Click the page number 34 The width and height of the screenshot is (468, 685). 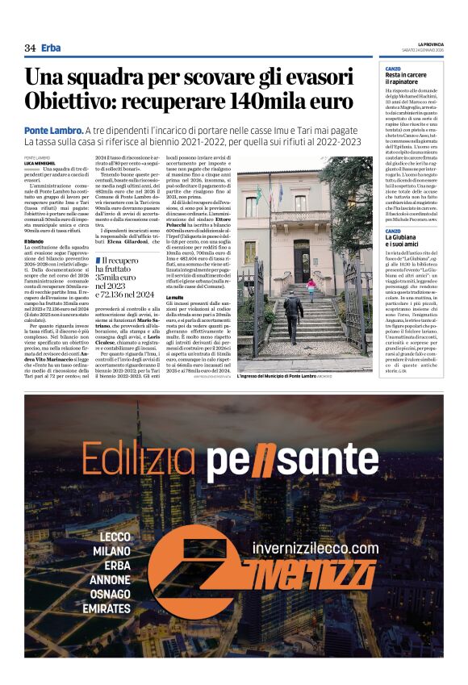[30, 48]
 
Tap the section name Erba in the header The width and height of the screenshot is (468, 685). [52, 48]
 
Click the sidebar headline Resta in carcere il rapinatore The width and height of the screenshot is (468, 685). [407, 78]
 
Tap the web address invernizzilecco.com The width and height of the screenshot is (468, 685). [315, 548]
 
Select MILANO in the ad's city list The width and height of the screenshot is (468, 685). [110, 551]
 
